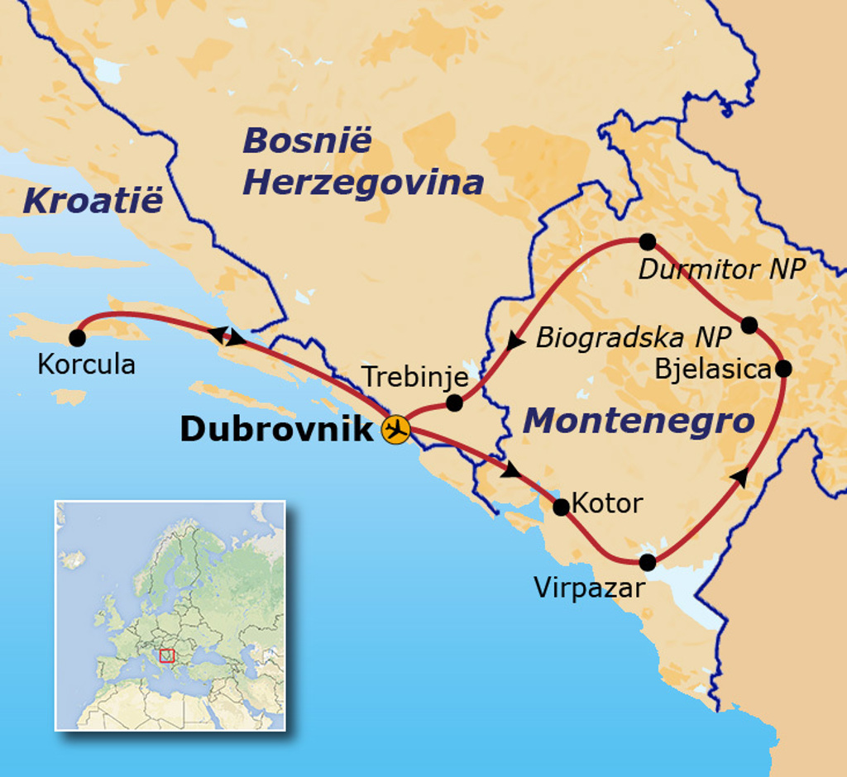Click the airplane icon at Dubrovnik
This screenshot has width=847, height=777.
pyautogui.click(x=397, y=430)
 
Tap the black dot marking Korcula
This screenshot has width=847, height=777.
pyautogui.click(x=77, y=337)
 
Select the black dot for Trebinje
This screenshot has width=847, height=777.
pyautogui.click(x=454, y=403)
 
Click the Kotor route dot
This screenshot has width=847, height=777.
pyautogui.click(x=561, y=507)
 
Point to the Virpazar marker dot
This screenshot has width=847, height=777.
pyautogui.click(x=648, y=562)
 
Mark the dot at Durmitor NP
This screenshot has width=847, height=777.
pyautogui.click(x=648, y=241)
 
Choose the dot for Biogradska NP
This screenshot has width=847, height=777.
pyautogui.click(x=749, y=325)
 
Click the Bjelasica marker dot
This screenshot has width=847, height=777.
pyautogui.click(x=784, y=369)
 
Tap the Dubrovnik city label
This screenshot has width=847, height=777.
pyautogui.click(x=276, y=429)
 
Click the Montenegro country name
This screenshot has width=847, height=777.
pyautogui.click(x=639, y=422)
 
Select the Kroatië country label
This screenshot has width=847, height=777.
pyautogui.click(x=93, y=201)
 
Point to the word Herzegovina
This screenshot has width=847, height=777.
pyautogui.click(x=362, y=183)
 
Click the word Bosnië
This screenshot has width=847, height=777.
pyautogui.click(x=306, y=141)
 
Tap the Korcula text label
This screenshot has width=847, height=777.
pyautogui.click(x=86, y=365)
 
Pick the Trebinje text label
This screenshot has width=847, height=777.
pyautogui.click(x=415, y=377)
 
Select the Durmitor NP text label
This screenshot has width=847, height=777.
pyautogui.click(x=721, y=269)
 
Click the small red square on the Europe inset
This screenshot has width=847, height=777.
pyautogui.click(x=167, y=655)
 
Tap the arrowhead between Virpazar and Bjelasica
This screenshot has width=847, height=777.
pyautogui.click(x=741, y=476)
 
